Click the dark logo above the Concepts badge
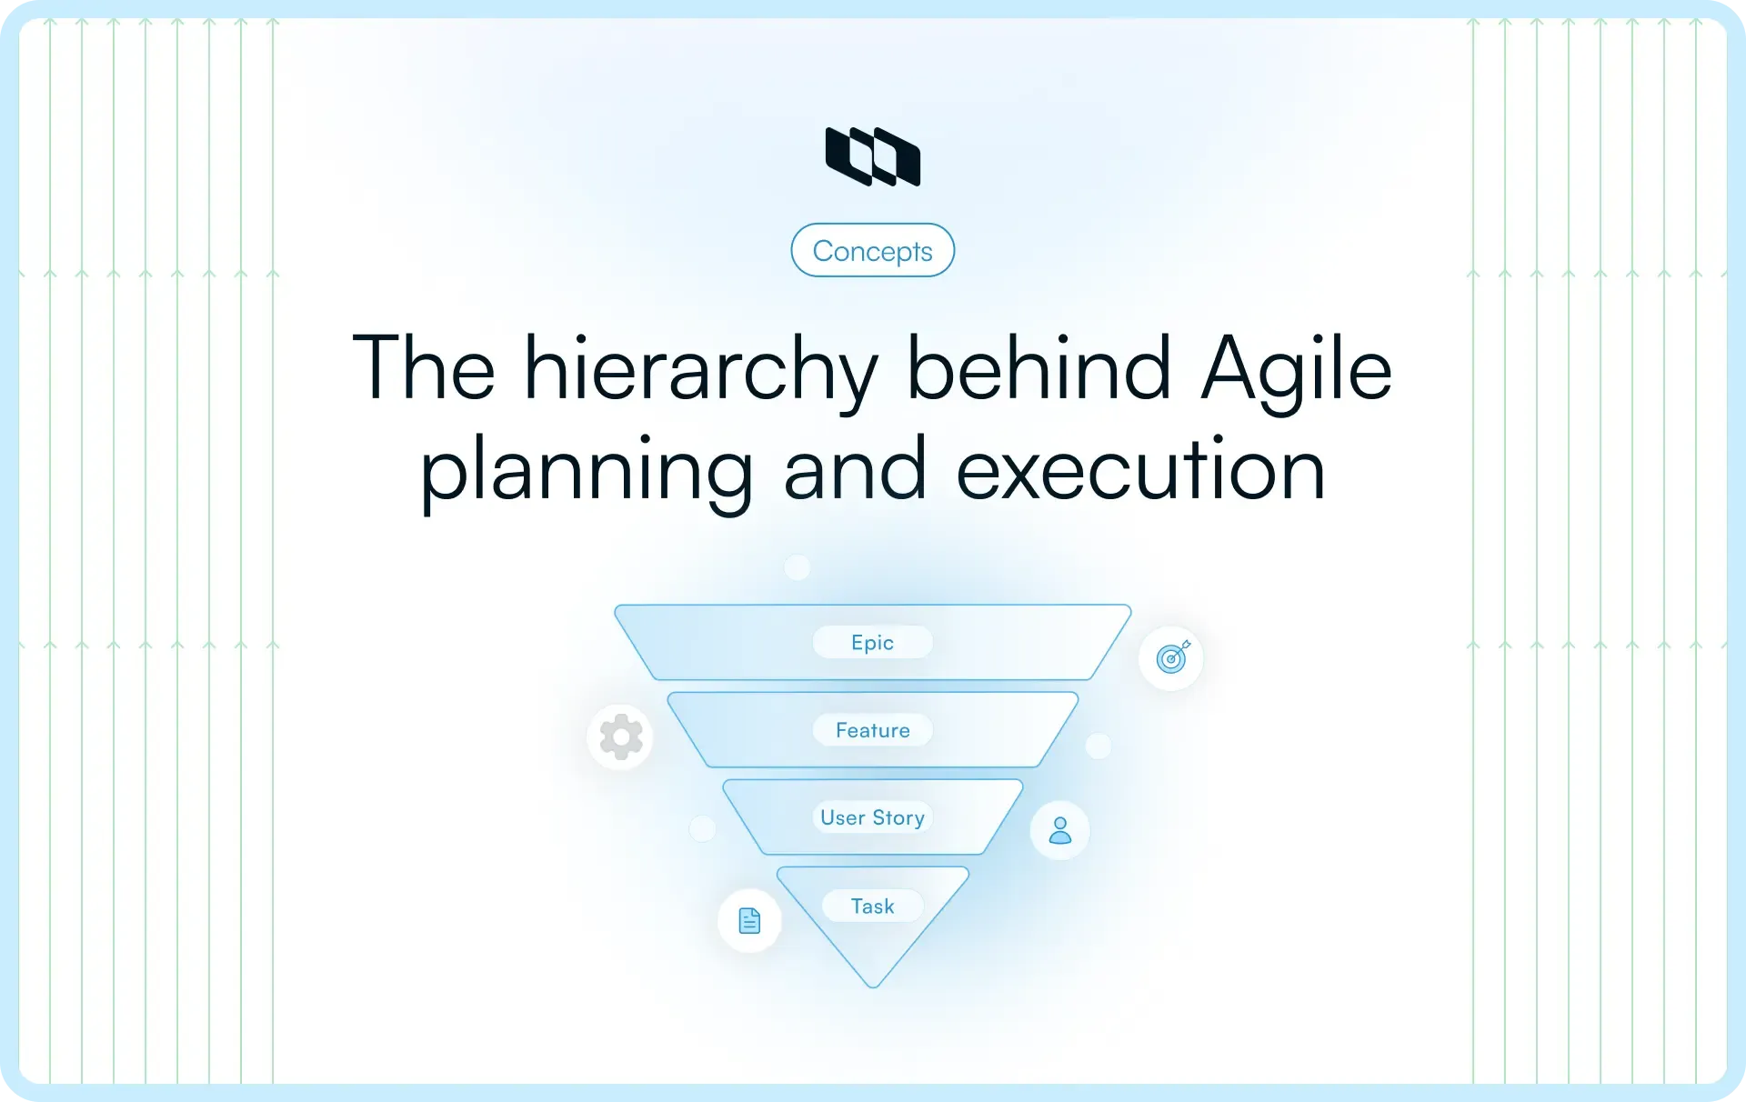tap(872, 156)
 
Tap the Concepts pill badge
tap(872, 250)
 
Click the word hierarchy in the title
tap(700, 368)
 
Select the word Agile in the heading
tap(1296, 368)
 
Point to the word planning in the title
tap(586, 470)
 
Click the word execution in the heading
tap(1140, 470)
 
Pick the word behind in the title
tap(1039, 368)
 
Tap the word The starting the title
tap(424, 368)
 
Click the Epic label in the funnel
tap(872, 643)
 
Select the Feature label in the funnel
tap(872, 730)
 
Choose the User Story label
tap(872, 817)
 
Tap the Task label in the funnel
tap(872, 906)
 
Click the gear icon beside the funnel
tap(621, 736)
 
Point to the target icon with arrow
tap(1171, 657)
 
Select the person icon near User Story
tap(1059, 830)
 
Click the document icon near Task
tap(749, 921)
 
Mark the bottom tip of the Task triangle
tap(872, 985)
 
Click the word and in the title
tap(855, 470)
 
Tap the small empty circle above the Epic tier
tap(798, 567)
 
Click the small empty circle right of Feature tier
tap(1099, 746)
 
